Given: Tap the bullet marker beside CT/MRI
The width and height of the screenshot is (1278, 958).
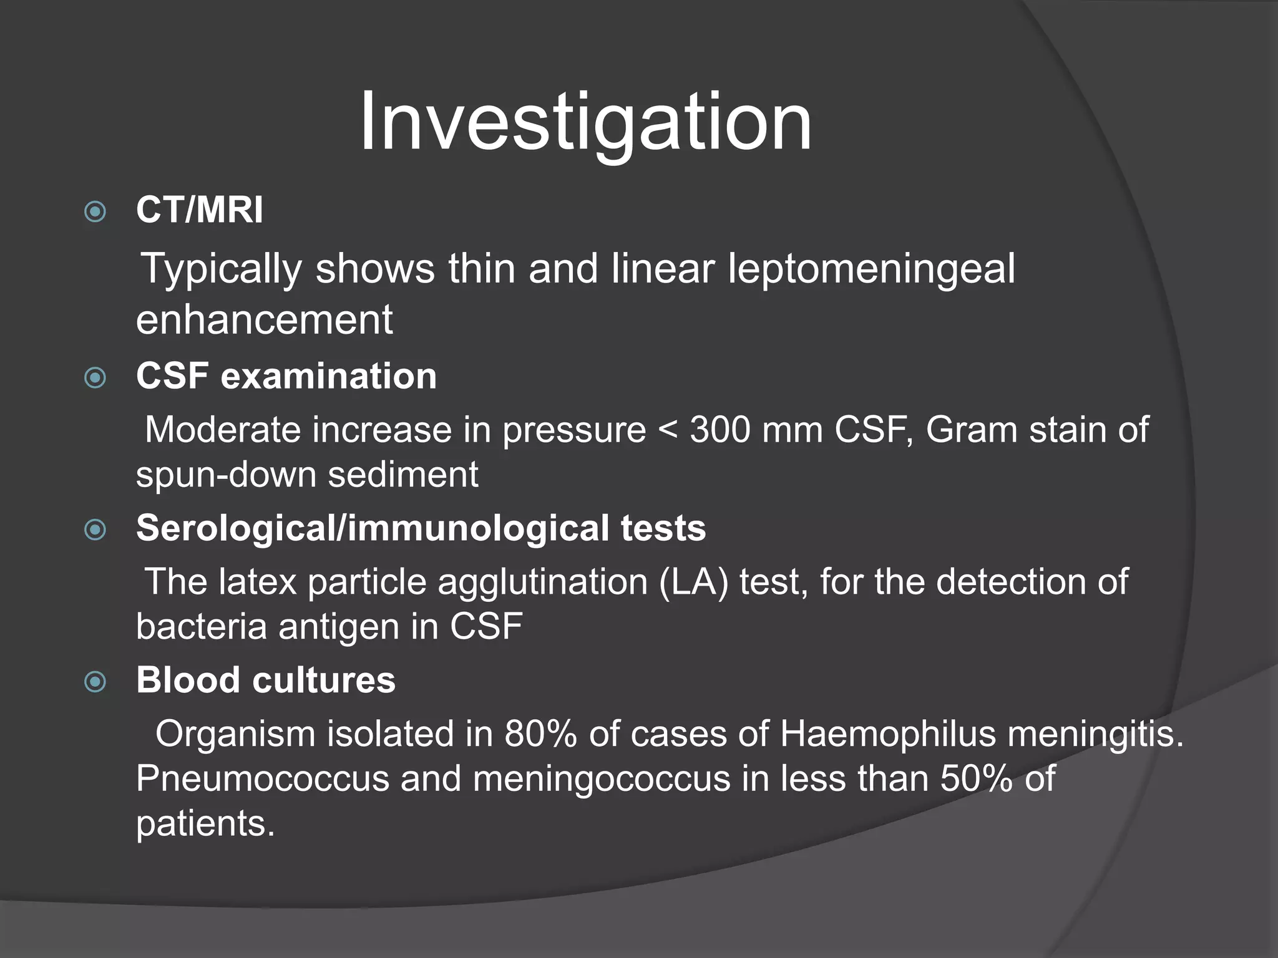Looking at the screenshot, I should (x=95, y=211).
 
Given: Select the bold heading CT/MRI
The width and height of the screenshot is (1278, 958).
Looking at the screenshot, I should (x=200, y=210).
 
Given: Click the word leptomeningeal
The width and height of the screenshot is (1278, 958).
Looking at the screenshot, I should (x=871, y=269).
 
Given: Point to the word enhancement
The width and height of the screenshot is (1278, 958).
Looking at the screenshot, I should (x=265, y=319).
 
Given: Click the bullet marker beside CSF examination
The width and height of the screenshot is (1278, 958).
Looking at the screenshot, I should (x=95, y=377).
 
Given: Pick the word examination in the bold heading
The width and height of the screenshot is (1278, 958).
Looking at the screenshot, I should (x=329, y=376).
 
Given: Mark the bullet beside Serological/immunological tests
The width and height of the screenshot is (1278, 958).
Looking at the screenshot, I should (x=95, y=530).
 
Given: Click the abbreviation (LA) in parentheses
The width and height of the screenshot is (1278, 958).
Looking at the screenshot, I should (x=693, y=583).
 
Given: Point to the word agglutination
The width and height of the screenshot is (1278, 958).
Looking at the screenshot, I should (x=542, y=583).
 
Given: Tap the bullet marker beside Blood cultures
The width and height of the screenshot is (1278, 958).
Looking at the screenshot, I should (x=95, y=682).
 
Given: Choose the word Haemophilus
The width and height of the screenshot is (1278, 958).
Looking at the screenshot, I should (x=887, y=734).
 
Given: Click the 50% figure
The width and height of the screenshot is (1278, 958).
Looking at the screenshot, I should (x=976, y=778).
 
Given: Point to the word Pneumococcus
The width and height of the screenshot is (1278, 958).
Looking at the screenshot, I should (x=263, y=779).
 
